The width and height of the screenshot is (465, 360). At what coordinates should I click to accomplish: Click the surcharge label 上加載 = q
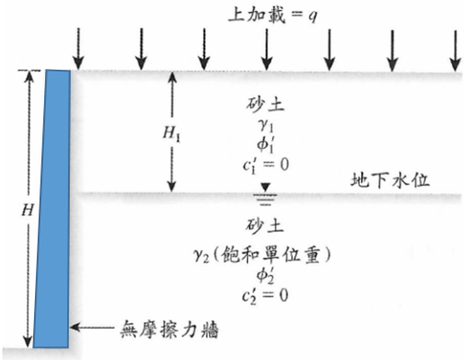(x=272, y=16)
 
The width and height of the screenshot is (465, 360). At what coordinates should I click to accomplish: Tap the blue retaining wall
(x=52, y=208)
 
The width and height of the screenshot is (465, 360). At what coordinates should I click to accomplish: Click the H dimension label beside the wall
(x=28, y=210)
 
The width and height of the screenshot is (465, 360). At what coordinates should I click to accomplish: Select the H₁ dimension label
(x=171, y=134)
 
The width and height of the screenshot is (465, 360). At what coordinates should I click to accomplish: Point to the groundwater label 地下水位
(x=390, y=180)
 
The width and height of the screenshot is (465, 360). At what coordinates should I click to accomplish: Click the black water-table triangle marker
(x=266, y=186)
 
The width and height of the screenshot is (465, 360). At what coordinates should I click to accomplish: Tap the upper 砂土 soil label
(x=266, y=104)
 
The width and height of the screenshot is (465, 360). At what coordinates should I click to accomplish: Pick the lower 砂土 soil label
(x=265, y=226)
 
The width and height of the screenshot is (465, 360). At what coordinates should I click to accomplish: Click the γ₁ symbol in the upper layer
(x=266, y=125)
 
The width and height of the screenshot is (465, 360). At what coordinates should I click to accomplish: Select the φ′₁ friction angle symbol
(x=266, y=144)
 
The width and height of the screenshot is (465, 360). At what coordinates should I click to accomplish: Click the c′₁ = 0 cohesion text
(x=266, y=165)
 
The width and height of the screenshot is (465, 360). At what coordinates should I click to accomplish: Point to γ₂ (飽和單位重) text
(x=262, y=255)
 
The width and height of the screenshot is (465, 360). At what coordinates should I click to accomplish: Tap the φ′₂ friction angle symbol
(x=266, y=276)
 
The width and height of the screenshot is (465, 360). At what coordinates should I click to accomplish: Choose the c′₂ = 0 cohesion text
(x=265, y=295)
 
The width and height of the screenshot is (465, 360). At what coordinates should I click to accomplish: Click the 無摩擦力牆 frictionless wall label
(x=169, y=330)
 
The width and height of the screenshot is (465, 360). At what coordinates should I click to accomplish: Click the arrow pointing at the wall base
(x=92, y=327)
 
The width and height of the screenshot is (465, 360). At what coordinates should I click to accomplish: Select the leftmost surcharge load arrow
(x=79, y=49)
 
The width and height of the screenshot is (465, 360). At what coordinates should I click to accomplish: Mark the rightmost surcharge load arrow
(x=456, y=51)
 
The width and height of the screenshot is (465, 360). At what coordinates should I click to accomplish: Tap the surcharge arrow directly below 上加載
(x=267, y=50)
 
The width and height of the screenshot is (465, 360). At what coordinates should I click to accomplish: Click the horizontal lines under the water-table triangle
(x=266, y=199)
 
